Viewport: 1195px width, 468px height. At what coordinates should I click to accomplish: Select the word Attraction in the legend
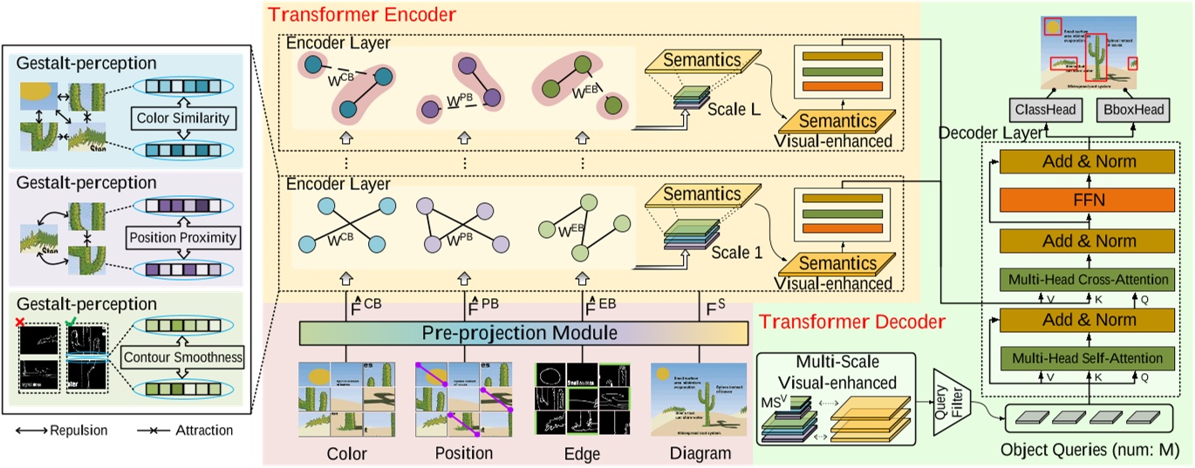pos(201,431)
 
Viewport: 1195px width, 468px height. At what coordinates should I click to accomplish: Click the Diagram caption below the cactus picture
pos(692,453)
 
